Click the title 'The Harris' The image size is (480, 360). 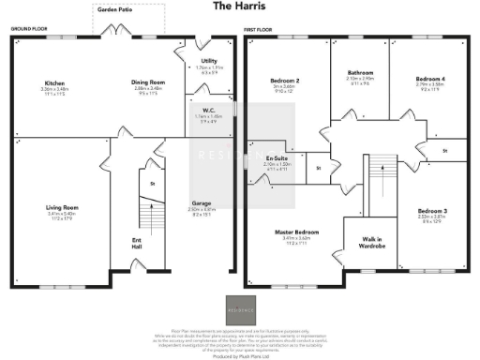click(x=239, y=7)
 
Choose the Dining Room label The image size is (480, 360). click(x=147, y=82)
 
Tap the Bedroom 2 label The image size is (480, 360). click(x=282, y=82)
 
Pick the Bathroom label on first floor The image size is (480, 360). click(x=360, y=72)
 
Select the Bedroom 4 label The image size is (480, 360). click(x=430, y=79)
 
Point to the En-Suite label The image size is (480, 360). click(x=276, y=158)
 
